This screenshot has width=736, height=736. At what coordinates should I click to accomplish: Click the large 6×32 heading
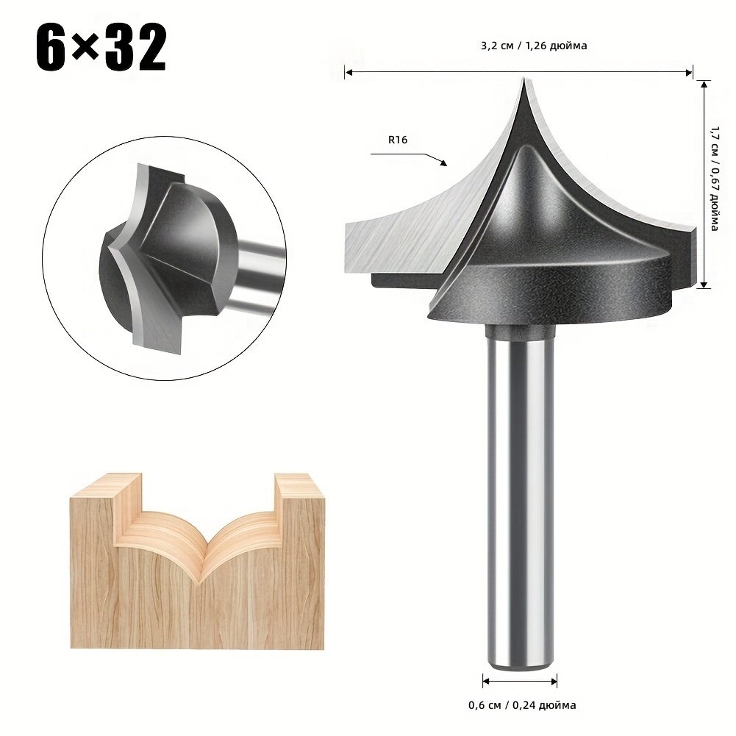101,47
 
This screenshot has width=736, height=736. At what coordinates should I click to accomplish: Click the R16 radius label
398,140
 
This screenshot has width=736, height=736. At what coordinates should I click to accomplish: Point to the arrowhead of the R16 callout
443,163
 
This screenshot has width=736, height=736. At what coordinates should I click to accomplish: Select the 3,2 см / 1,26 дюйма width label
534,46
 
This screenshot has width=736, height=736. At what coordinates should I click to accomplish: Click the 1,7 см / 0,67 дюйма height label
715,179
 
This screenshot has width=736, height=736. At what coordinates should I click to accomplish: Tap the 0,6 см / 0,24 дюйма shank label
522,704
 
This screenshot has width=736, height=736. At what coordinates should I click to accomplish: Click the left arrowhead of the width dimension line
348,72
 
